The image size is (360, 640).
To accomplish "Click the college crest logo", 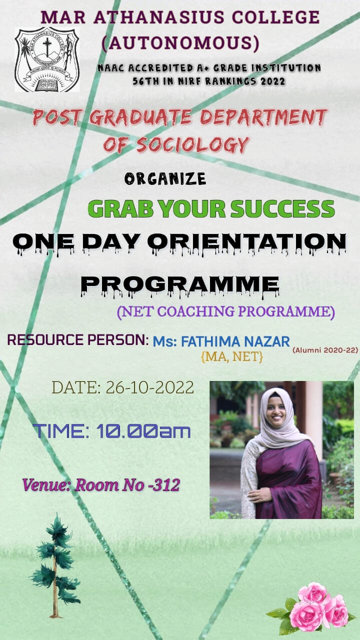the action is point(47,59).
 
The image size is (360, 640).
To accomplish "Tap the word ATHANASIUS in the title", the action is point(159,17).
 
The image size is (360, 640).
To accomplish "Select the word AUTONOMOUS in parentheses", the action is point(180,43).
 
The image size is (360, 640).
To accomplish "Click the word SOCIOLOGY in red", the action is point(192,144).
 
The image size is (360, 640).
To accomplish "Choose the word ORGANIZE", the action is point(165,179).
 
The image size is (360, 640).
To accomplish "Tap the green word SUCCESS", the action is point(282,209).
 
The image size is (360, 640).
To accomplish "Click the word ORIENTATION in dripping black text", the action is point(246,243).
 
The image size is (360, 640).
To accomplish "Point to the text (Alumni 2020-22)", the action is point(325,350).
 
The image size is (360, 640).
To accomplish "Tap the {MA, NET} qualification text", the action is point(232,356).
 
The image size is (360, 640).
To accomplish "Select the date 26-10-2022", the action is point(150,387).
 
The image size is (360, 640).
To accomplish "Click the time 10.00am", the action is point(143,431).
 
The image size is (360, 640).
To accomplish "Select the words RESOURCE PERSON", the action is point(76,339).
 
